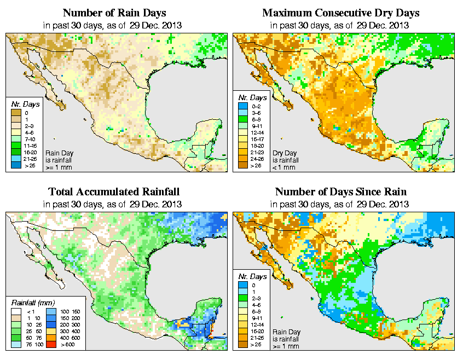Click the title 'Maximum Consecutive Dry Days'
(340, 13)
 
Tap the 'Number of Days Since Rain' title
(340, 191)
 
